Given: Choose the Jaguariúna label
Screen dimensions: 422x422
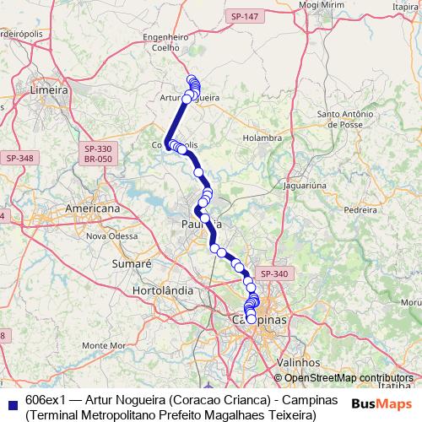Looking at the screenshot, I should (x=306, y=183).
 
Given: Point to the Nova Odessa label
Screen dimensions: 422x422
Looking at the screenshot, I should (x=110, y=236).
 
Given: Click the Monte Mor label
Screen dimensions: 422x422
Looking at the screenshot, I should (x=105, y=345).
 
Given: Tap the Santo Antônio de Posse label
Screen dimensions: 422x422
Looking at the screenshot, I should (x=350, y=118).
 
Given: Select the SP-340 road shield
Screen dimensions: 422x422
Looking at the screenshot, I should (x=274, y=273).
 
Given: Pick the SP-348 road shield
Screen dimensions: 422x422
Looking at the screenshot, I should (x=19, y=158).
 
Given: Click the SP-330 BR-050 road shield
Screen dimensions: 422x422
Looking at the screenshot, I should (x=99, y=154).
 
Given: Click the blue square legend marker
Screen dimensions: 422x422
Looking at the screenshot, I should (x=10, y=402).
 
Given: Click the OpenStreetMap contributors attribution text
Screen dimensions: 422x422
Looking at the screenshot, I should (x=349, y=378).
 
